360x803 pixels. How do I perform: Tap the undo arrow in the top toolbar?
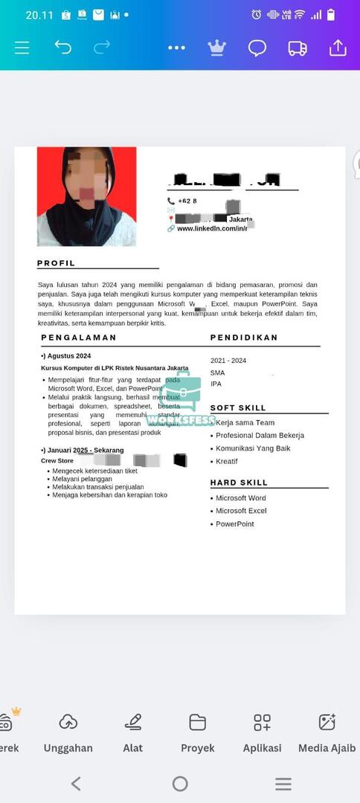point(62,48)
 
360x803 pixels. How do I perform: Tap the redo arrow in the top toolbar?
point(101,48)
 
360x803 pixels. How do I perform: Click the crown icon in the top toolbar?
point(216,48)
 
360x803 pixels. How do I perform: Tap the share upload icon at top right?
point(338,48)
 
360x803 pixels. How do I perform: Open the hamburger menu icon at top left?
point(22,48)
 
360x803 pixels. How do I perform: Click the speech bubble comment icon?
point(257,48)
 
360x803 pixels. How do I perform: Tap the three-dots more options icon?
point(176,48)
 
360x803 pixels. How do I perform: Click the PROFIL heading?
point(57,263)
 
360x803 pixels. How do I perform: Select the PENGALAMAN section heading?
point(79,338)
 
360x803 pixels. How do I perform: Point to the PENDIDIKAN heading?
point(244,338)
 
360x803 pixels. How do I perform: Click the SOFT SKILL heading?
point(238,408)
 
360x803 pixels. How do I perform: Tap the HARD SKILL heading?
point(238,483)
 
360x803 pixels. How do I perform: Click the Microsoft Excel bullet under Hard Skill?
point(241,511)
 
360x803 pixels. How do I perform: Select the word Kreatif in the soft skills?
point(227,462)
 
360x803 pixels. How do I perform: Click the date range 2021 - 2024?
point(228,361)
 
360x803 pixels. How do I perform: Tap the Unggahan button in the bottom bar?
point(68,732)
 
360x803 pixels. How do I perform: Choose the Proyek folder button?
point(197,732)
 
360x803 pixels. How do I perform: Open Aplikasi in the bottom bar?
point(262,732)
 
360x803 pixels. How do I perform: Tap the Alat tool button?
point(133,732)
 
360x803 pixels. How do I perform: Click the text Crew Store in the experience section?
point(57,461)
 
